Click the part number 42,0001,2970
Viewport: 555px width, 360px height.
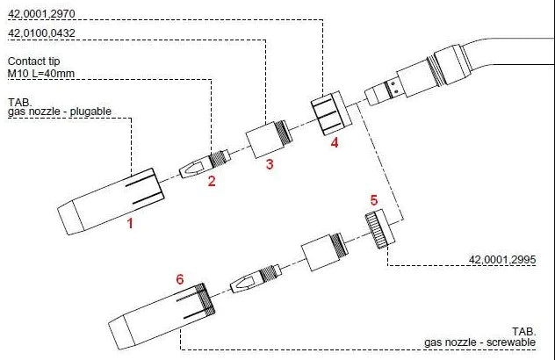[x=41, y=14]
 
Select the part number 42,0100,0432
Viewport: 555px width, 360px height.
[x=41, y=33]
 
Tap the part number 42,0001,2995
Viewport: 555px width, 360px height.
[x=502, y=260]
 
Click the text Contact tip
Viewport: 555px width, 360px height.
[x=33, y=61]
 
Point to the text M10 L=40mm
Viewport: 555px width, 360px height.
[x=41, y=74]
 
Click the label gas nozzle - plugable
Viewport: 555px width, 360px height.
[x=60, y=112]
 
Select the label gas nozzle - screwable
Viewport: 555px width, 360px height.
[x=480, y=342]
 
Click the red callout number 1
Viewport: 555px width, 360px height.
[x=130, y=223]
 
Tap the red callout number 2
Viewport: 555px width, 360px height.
[x=212, y=181]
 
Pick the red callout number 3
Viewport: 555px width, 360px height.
[x=270, y=164]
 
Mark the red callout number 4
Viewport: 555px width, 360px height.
[x=335, y=142]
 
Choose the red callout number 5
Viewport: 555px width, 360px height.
[x=374, y=200]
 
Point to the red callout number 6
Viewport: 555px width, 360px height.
[x=180, y=279]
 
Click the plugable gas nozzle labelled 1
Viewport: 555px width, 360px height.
[x=111, y=201]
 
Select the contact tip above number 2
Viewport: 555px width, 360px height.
[x=205, y=163]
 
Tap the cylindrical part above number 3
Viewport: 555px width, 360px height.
[x=269, y=139]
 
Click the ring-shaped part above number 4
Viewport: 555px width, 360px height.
[x=332, y=112]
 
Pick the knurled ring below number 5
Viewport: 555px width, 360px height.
[x=380, y=228]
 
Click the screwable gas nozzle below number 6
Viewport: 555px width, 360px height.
[x=162, y=316]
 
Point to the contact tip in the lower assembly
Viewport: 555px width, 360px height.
[x=256, y=278]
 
